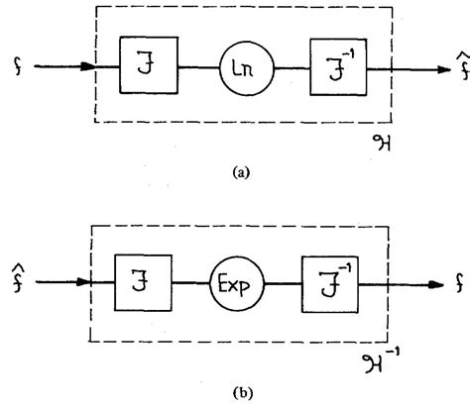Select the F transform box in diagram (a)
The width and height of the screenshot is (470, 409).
click(147, 67)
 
